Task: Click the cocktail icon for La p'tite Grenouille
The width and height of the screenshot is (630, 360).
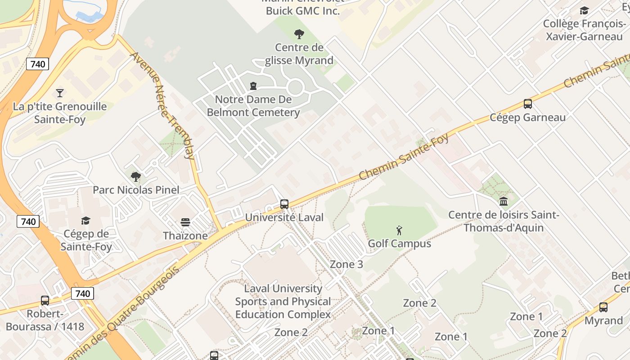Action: [59, 93]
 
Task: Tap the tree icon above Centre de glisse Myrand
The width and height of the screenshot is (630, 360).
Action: [298, 34]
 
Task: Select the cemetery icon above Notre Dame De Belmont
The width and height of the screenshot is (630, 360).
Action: [253, 85]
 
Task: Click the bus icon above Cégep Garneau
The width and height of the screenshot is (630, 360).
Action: [527, 104]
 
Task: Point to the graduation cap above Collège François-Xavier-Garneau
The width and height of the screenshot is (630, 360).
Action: [584, 10]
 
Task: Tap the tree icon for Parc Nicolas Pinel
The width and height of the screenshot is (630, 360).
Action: [135, 176]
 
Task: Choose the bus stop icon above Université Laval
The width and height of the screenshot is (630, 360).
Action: [284, 204]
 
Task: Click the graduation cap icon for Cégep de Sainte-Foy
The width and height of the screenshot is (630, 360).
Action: [85, 220]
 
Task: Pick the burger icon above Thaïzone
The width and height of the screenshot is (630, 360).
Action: [185, 222]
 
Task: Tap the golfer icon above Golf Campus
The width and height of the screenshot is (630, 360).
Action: [399, 230]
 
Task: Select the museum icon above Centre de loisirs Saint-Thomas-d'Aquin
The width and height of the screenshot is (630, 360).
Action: [504, 201]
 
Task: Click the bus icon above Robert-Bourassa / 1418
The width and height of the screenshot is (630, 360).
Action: [45, 300]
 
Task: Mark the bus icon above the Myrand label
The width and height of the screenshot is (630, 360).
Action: [603, 307]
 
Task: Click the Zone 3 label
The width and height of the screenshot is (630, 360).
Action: [346, 264]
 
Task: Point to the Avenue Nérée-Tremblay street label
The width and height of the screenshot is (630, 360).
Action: [162, 106]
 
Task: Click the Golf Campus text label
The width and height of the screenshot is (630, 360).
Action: [399, 243]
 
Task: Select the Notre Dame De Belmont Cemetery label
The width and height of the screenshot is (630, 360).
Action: [253, 106]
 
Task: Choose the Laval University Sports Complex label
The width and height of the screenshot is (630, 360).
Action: [283, 301]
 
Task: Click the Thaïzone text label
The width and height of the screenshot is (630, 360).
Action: [185, 235]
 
